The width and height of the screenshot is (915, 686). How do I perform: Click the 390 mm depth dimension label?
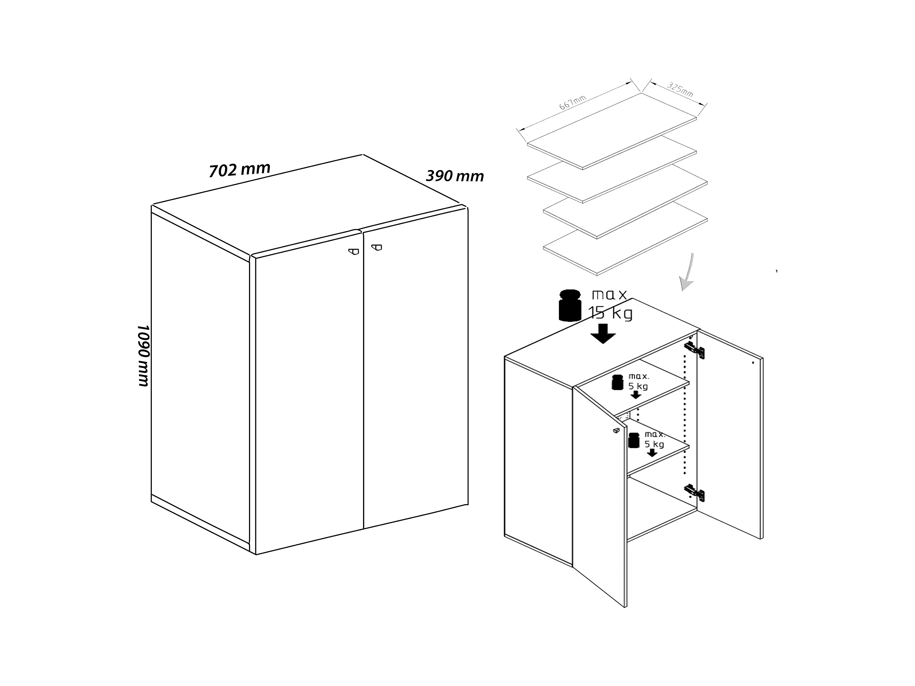(x=455, y=176)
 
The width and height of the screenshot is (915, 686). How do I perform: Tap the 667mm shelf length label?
(x=573, y=103)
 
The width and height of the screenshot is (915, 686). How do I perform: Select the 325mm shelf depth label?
(x=680, y=90)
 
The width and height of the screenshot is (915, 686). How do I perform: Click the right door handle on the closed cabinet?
(x=376, y=248)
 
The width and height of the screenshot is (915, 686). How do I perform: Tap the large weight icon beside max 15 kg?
(x=570, y=306)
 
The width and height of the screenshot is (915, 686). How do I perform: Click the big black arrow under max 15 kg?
(x=603, y=334)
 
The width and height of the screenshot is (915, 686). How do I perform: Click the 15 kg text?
(x=610, y=313)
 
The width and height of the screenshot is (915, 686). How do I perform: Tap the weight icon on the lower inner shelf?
(x=634, y=440)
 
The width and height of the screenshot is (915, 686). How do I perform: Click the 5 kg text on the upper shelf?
(x=638, y=386)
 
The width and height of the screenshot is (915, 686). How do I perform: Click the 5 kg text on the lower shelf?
(x=654, y=444)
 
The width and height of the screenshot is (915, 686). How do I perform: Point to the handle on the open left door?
(x=616, y=430)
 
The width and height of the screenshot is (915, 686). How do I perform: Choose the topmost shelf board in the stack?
(x=612, y=131)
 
